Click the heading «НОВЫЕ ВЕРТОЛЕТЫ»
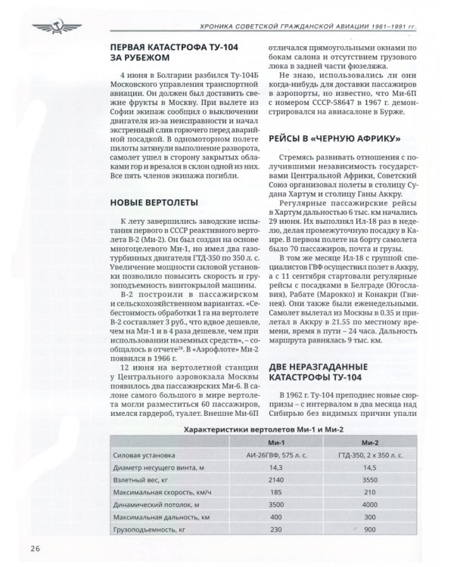154,203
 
